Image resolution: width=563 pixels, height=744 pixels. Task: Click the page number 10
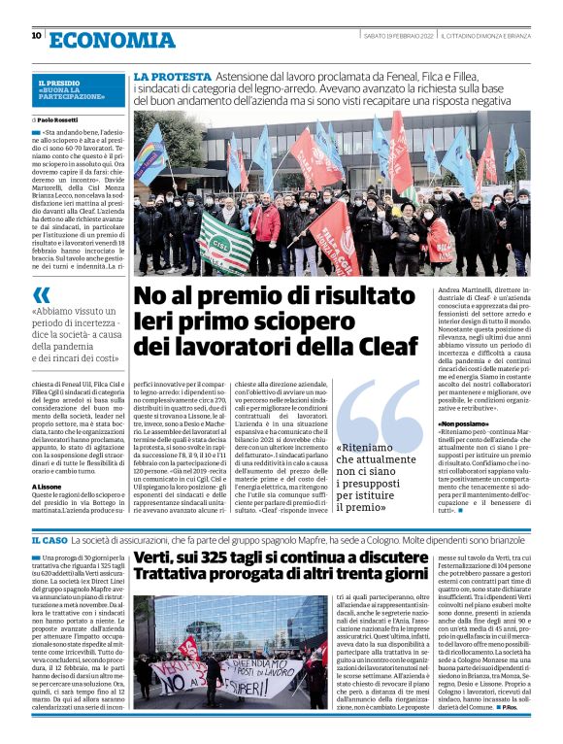click(x=36, y=36)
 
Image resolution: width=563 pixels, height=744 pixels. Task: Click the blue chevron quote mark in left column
click(x=41, y=294)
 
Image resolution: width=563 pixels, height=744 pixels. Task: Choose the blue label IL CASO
click(x=49, y=540)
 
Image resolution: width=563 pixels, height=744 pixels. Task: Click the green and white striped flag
click(x=225, y=236)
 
